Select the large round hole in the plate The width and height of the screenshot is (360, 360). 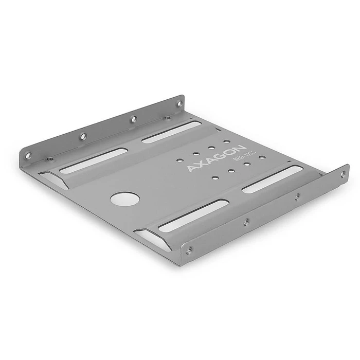pyautogui.click(x=125, y=199)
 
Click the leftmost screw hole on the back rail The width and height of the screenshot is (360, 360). pyautogui.click(x=28, y=155)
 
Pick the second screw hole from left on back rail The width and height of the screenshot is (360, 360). pyautogui.click(x=83, y=136)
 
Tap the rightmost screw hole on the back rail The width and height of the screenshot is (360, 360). pyautogui.click(x=179, y=103)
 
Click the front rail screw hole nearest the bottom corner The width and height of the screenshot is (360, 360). pyautogui.click(x=190, y=250)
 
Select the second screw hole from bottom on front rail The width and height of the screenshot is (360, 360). pyautogui.click(x=246, y=222)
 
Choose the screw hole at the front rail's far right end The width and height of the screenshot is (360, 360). pyautogui.click(x=343, y=173)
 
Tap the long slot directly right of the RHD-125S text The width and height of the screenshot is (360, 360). pyautogui.click(x=273, y=179)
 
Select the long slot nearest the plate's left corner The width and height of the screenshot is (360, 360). pyautogui.click(x=94, y=160)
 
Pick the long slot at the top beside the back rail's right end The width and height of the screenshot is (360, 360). pyautogui.click(x=171, y=132)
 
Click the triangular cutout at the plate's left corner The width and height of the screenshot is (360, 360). pyautogui.click(x=53, y=179)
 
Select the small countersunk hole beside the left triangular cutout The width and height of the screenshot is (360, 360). pyautogui.click(x=50, y=159)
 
